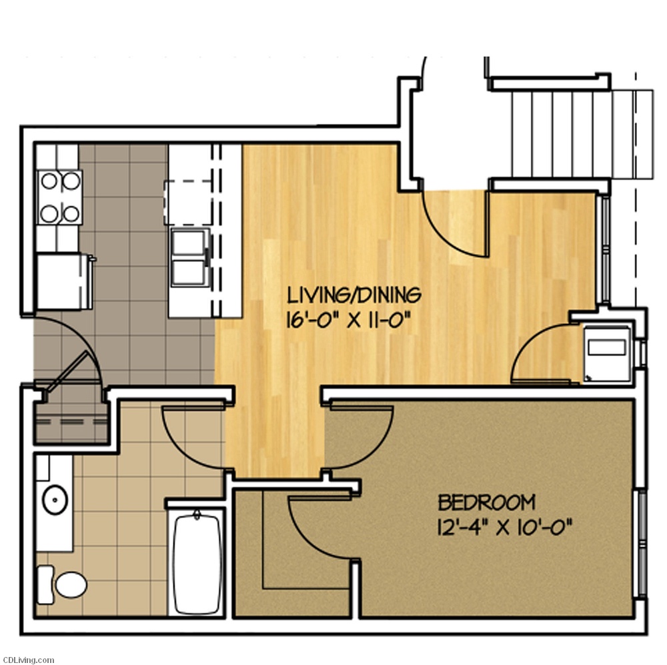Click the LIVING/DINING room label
[x=354, y=295]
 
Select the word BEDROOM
[x=487, y=502]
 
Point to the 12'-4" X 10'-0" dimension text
[x=504, y=528]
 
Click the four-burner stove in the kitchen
[x=59, y=198]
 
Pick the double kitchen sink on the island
[x=190, y=257]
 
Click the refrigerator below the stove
[x=64, y=281]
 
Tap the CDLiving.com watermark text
[x=27, y=660]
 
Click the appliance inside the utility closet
[x=606, y=354]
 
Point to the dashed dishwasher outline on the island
[x=189, y=203]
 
